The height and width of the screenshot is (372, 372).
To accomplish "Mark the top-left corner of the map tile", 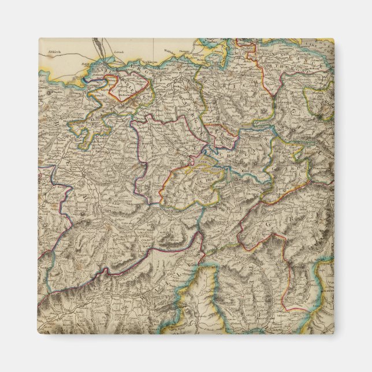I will [x=39, y=39].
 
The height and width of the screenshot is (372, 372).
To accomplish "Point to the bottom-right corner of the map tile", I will [x=334, y=334].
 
